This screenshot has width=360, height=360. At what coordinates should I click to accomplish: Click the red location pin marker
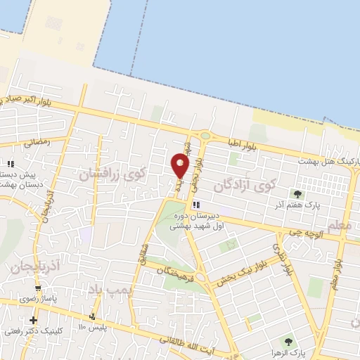pos(180,166)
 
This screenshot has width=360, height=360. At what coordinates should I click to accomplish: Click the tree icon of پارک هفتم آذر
pos(297,195)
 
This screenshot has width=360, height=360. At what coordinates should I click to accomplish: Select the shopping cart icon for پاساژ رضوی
pos(37,289)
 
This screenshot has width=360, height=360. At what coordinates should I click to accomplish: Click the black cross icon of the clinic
pos(33,319)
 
